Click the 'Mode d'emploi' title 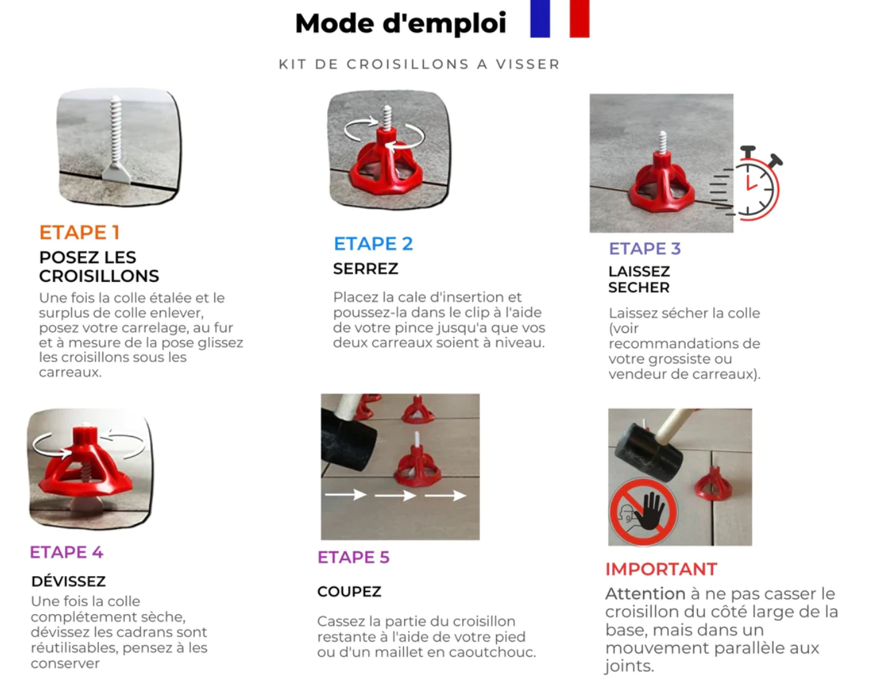[401, 23]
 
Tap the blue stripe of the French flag [539, 18]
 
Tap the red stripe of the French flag [579, 18]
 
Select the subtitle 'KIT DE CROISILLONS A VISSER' [419, 64]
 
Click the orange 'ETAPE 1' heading [79, 233]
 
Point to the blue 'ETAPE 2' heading [373, 244]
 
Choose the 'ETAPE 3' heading [644, 249]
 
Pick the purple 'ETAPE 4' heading [66, 552]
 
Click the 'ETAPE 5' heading [353, 557]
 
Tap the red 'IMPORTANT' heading [661, 569]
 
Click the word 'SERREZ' [365, 269]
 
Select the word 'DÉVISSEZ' [68, 581]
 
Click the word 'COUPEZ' [349, 591]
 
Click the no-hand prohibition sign [643, 512]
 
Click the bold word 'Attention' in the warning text [645, 593]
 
